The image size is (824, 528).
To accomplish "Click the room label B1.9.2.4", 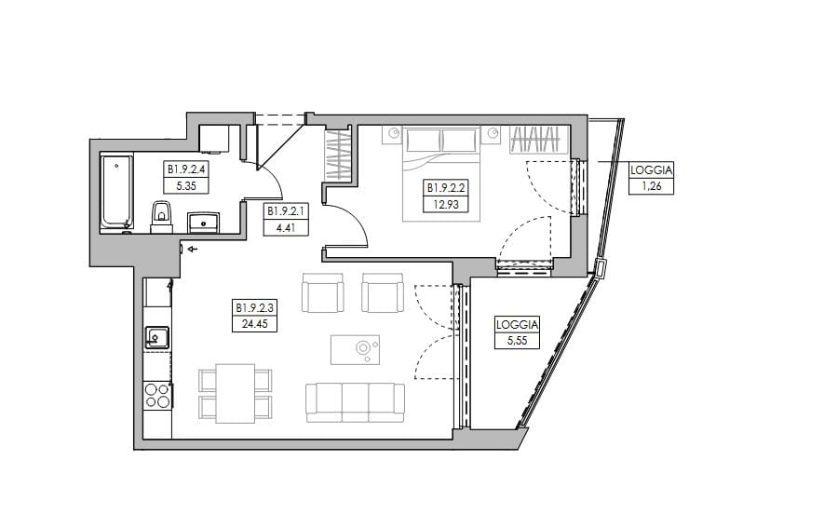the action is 186,169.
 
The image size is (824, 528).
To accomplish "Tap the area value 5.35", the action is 186,185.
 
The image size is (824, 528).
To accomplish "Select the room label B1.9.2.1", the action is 286,211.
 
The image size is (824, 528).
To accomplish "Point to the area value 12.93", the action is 446,204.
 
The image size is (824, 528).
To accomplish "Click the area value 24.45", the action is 255,324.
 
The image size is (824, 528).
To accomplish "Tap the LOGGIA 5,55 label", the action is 517,332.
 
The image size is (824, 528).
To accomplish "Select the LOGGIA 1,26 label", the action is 651,178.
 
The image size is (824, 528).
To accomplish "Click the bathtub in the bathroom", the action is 116,192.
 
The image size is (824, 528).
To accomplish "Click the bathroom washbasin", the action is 204,223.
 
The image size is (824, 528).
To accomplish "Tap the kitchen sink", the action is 157,337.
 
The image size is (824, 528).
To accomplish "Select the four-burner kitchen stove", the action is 157,396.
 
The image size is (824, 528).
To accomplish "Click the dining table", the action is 236,394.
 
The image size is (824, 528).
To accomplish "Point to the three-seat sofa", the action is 356,402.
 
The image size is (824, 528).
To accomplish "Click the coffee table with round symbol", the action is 356,349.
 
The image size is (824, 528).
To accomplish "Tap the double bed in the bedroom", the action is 441,173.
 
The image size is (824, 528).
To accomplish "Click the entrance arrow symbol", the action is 193,249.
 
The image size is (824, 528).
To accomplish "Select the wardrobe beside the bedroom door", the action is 338,155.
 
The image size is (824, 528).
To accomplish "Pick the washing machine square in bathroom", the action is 214,138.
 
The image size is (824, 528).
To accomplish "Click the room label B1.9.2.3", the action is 255,307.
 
